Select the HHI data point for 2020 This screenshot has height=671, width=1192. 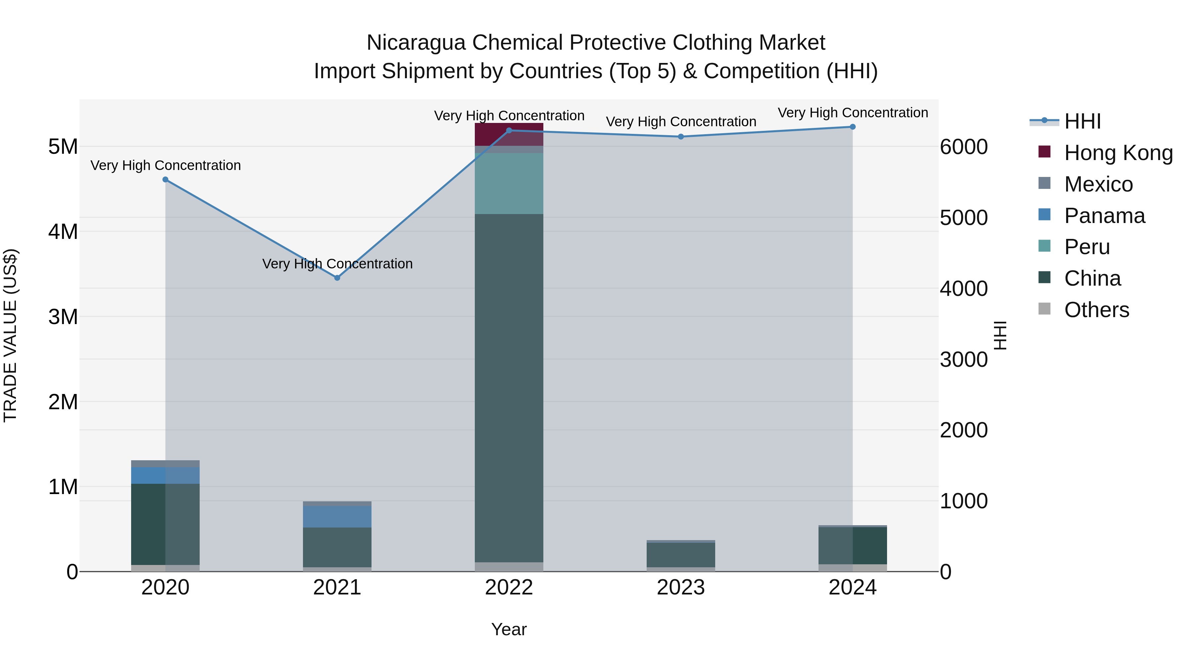coord(165,180)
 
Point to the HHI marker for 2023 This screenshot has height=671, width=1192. coord(681,137)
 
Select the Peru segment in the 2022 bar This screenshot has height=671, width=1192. coord(509,183)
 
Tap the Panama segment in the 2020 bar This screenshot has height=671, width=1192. coord(165,475)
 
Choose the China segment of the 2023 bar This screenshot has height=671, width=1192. coord(681,555)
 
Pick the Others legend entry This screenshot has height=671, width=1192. coord(1096,310)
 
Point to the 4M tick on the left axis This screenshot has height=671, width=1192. coord(63,232)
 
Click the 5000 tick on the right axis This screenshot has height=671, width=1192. coord(964,218)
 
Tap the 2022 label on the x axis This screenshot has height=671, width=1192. coord(509,587)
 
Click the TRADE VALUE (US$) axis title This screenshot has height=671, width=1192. coord(10,335)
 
